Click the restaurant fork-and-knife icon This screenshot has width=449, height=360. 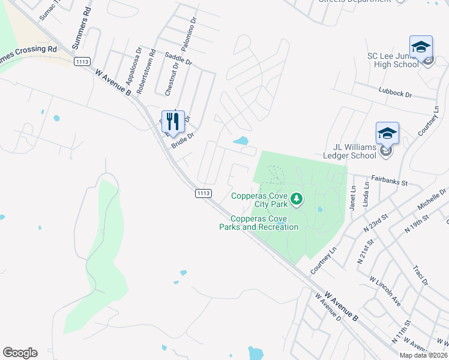(173, 121)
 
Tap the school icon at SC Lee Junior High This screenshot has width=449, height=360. (421, 47)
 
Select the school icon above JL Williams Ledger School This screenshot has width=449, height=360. (387, 133)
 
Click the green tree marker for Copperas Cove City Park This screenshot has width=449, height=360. (296, 198)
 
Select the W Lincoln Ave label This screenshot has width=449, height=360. (385, 290)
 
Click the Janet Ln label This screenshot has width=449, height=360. (352, 197)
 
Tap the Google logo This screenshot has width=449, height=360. (20, 353)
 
